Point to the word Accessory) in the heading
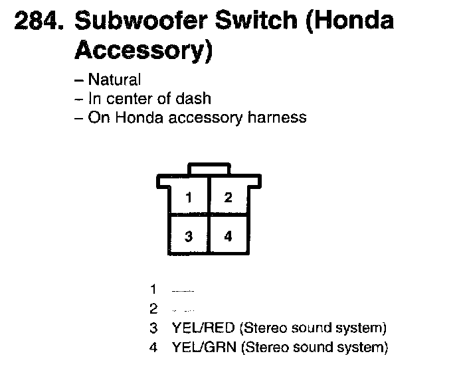[x=143, y=51]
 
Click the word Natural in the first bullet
[x=114, y=80]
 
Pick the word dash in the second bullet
[x=196, y=99]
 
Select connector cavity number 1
[x=189, y=197]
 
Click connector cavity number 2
[x=228, y=197]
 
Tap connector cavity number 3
[x=189, y=236]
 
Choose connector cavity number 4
[x=228, y=236]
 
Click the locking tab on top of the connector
[x=209, y=170]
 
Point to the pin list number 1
[x=153, y=289]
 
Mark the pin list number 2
[x=153, y=308]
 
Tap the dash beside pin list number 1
[x=182, y=290]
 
